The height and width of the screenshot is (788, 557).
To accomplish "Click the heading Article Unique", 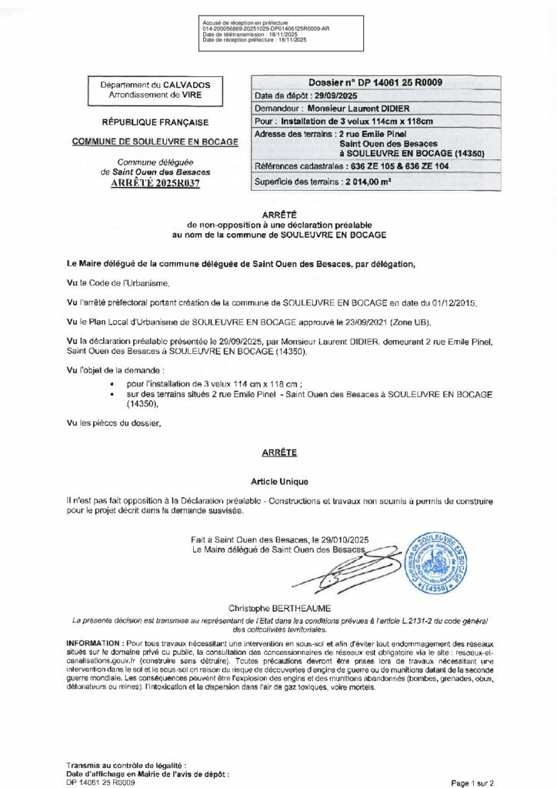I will tap(278, 481).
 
